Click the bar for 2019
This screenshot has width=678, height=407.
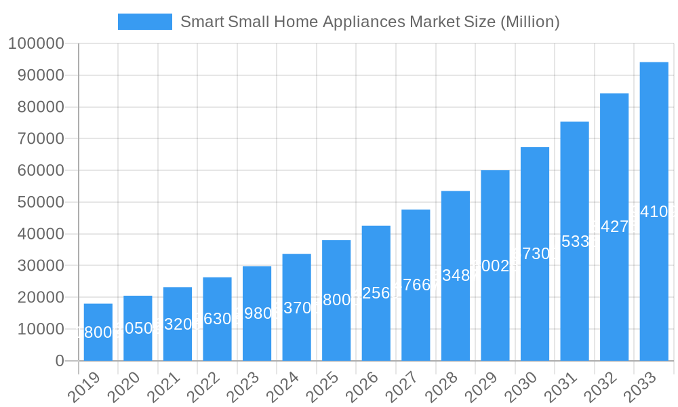98,332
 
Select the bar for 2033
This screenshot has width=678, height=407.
654,211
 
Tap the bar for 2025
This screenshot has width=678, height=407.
336,301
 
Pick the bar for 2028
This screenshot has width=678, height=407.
456,275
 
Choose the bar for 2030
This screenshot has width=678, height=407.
535,254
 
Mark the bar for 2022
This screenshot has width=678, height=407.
217,319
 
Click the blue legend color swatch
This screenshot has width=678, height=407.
144,22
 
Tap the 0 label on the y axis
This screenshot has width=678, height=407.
60,361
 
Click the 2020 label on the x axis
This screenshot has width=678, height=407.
124,389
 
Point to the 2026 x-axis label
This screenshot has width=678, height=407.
362,389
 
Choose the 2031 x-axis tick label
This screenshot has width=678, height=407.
561,389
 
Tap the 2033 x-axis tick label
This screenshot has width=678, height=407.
640,389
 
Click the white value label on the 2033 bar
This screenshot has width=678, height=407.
654,212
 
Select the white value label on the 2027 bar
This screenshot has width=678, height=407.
416,285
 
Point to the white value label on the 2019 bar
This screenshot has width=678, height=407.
98,332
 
